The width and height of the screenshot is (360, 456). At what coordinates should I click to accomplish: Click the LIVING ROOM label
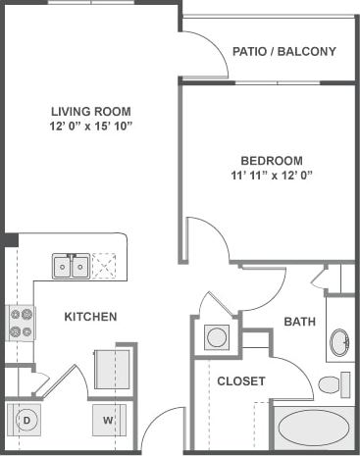[90, 111]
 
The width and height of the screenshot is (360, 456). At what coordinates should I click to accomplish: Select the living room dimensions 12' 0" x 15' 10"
[90, 127]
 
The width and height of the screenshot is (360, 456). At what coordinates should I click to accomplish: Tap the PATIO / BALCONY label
[284, 52]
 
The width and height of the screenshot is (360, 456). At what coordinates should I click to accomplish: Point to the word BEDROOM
[272, 161]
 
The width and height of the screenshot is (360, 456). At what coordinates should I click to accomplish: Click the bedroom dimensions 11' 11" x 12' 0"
[272, 177]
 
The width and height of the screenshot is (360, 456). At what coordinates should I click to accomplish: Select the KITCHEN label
[90, 317]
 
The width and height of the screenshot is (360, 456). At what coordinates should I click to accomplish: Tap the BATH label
[298, 322]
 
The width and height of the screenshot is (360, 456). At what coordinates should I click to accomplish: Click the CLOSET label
[240, 380]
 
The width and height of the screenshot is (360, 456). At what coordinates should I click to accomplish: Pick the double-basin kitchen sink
[71, 266]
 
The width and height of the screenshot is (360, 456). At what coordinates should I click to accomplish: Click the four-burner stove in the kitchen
[21, 323]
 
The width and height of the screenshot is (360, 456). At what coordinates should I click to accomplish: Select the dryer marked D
[27, 421]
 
